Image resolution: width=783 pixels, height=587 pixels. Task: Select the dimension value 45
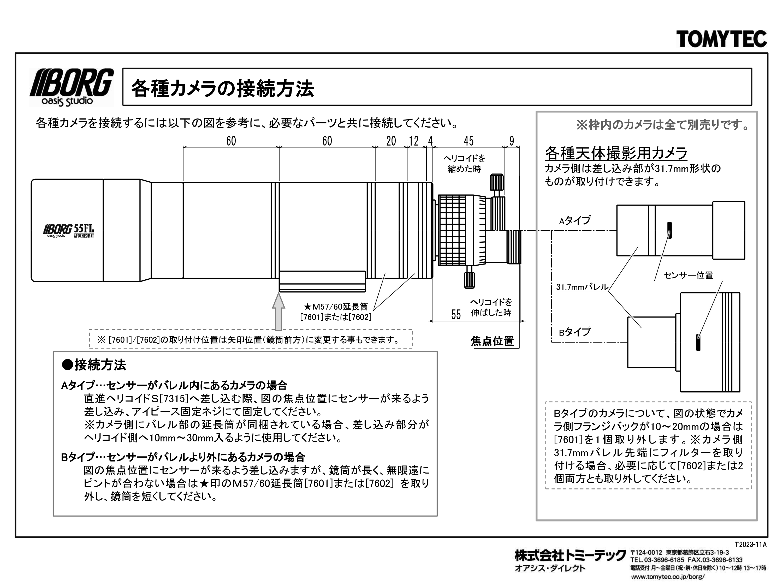tap(468, 141)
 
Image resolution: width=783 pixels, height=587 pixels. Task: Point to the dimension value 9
tap(512, 141)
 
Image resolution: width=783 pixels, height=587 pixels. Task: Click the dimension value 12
tap(413, 141)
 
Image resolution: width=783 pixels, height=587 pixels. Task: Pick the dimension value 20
tap(391, 141)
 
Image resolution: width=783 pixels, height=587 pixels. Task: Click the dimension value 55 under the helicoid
tap(456, 315)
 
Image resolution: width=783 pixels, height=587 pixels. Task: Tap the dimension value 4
tap(430, 141)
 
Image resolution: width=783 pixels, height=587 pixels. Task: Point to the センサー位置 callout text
tap(688, 275)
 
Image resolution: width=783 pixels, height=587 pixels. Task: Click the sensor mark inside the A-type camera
tap(669, 230)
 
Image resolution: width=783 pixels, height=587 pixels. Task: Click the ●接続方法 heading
tap(94, 365)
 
